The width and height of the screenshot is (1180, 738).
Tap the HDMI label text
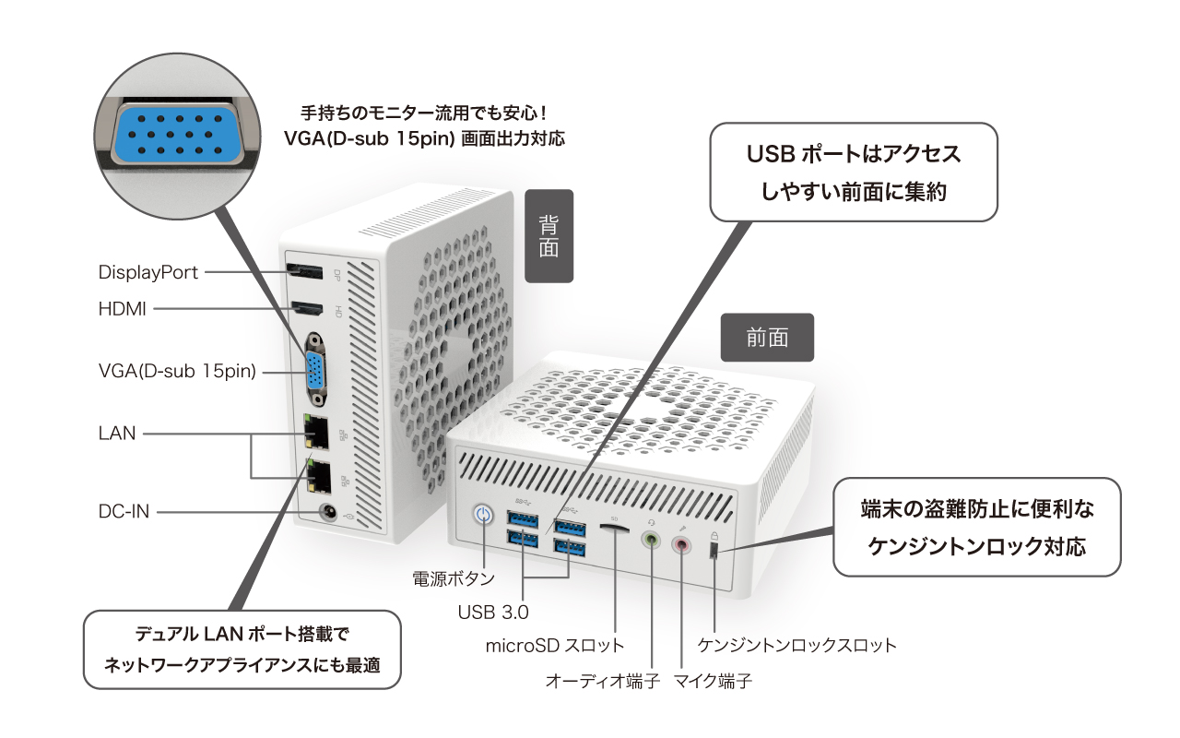(x=123, y=309)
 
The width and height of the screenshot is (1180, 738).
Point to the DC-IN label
(x=124, y=510)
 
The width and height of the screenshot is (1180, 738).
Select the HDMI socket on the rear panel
(x=306, y=308)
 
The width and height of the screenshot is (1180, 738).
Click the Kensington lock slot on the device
(x=714, y=551)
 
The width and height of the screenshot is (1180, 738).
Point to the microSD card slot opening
(x=614, y=529)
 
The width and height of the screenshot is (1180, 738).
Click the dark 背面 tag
(x=549, y=236)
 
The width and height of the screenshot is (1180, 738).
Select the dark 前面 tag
(x=767, y=338)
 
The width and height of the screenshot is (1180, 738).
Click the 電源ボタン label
(x=453, y=578)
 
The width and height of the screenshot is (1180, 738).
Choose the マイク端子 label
(x=713, y=682)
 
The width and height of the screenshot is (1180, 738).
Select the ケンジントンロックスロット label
(x=797, y=645)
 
